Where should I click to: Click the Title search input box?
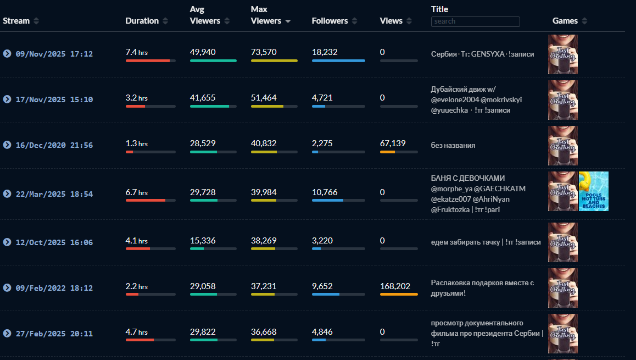coord(475,21)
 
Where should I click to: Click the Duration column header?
coord(142,21)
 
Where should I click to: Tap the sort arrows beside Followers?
coord(355,21)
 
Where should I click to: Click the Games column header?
coord(565,21)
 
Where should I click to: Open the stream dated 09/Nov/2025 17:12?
coord(54,54)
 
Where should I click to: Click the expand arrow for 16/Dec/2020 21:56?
coord(7,145)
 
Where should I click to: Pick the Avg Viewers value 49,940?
coord(203,52)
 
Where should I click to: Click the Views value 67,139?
coord(393,143)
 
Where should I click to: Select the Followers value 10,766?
coord(325,192)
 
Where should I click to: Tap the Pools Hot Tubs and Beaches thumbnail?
coord(593,191)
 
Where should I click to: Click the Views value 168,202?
coord(395,286)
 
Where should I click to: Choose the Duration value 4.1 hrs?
coord(136,241)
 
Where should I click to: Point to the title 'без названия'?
coord(453,146)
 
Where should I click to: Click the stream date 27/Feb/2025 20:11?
coord(54,334)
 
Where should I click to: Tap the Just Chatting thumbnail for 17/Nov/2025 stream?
coord(562,100)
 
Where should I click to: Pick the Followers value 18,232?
coord(325,52)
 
